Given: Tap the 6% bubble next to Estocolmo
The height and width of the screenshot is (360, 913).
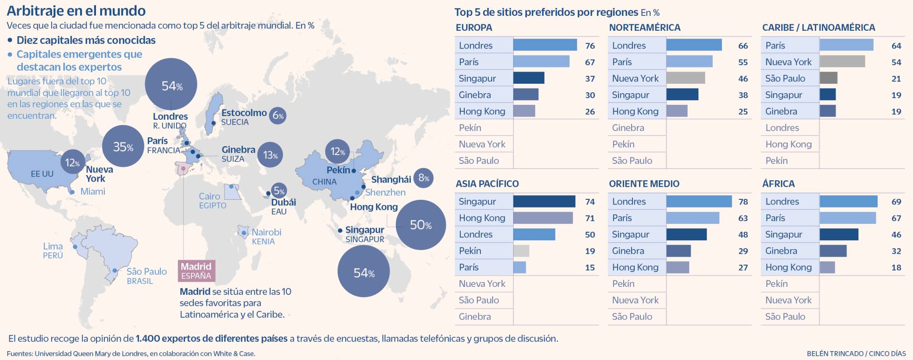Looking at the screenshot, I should [x=278, y=115].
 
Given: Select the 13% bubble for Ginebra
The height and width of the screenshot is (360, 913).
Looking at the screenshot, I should [x=270, y=155].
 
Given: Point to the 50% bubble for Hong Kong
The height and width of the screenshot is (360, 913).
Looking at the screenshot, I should [x=421, y=225].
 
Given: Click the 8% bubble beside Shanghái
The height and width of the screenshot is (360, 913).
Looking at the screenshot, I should [x=423, y=177].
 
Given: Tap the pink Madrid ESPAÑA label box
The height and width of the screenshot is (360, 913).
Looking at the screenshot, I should [x=196, y=271].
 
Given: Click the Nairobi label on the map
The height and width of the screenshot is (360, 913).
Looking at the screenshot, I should [x=266, y=232].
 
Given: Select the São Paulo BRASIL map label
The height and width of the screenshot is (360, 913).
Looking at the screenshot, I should [x=146, y=276].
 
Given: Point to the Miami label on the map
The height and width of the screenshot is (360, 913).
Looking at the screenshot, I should [x=93, y=191].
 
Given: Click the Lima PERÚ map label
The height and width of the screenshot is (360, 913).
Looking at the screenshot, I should [x=53, y=251].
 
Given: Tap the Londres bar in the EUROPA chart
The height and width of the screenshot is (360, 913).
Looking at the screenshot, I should [x=545, y=45].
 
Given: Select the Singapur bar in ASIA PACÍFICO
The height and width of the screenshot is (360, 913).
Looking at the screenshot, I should [x=544, y=201].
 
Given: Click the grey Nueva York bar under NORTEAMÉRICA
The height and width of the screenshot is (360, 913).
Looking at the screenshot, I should [x=685, y=78].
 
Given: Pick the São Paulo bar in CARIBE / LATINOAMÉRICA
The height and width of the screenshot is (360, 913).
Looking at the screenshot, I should [x=828, y=78].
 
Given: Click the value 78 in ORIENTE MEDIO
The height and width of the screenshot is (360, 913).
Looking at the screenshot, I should [x=743, y=202].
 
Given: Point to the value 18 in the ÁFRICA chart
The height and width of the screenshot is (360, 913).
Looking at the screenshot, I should [x=896, y=267].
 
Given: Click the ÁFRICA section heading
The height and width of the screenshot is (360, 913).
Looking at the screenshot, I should [x=778, y=183].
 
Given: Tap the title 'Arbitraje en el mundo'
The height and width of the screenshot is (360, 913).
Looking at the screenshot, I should [x=76, y=10].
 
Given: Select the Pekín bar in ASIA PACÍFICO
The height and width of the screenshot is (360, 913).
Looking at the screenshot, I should [x=521, y=251].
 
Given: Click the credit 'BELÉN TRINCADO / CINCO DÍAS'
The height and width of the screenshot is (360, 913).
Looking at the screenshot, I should [x=856, y=353].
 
